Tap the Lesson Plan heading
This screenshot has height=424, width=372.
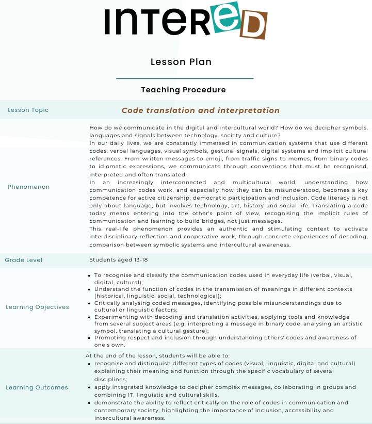click(x=181, y=62)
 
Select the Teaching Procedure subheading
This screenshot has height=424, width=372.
click(x=183, y=90)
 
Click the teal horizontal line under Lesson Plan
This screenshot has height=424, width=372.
click(x=185, y=78)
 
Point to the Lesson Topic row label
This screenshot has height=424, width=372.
click(x=28, y=110)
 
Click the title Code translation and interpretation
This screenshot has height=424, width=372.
click(x=200, y=110)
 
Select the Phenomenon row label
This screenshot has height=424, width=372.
click(x=29, y=187)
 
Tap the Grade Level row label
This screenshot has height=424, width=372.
click(x=24, y=260)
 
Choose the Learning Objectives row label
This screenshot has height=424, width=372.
click(x=37, y=307)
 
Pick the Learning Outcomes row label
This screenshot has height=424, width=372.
click(x=37, y=387)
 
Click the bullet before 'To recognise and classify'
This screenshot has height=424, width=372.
click(x=90, y=276)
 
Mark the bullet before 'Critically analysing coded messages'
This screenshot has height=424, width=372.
click(x=90, y=303)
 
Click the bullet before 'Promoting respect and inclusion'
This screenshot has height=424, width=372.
click(x=90, y=337)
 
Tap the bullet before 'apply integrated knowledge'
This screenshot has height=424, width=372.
click(x=90, y=387)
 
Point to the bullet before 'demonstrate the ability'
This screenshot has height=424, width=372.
click(x=90, y=402)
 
